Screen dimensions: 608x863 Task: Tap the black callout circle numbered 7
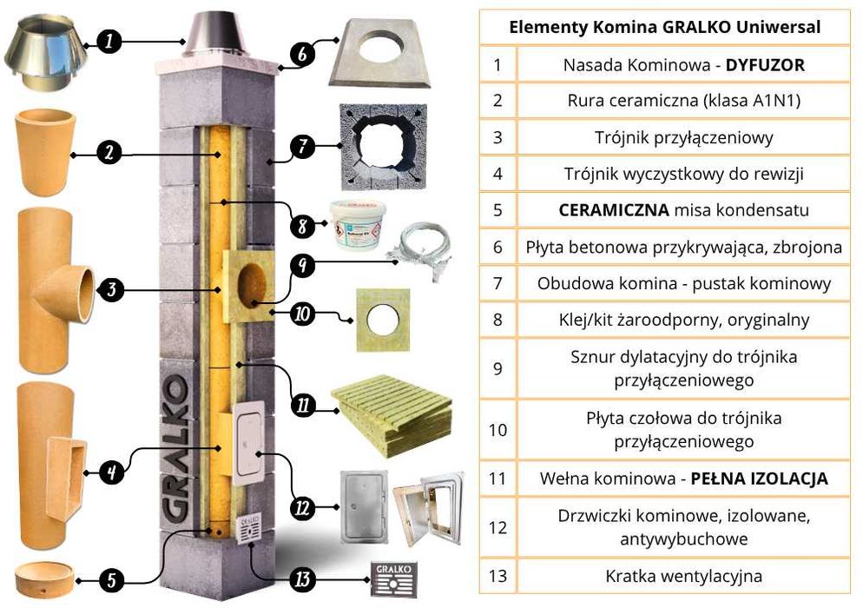[300, 146]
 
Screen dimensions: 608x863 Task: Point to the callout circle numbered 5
[111, 578]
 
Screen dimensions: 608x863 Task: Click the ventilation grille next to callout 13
[393, 577]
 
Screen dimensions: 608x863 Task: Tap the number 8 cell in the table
[497, 320]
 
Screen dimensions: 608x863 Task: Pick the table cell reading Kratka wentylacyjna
[684, 575]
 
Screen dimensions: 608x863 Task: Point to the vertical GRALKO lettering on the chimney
[175, 452]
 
